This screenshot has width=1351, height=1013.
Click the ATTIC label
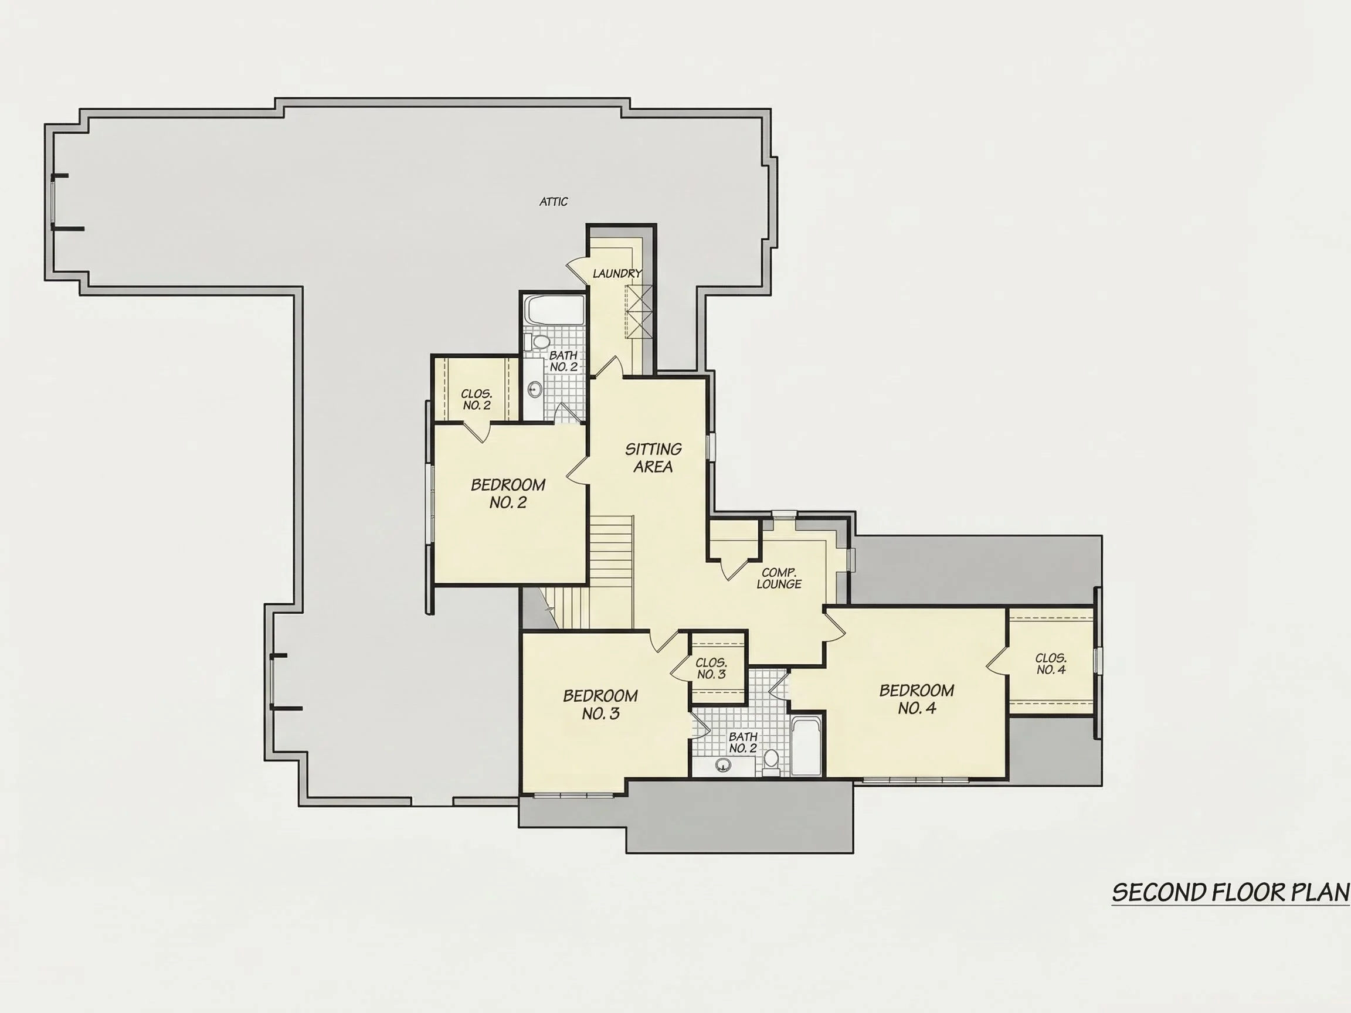(554, 202)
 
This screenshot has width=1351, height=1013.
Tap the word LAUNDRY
(617, 274)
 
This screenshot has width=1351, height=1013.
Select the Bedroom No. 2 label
(508, 494)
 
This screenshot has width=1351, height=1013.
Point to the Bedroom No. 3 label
(600, 704)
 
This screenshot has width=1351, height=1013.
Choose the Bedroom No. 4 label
(916, 699)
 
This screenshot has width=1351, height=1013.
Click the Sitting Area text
(653, 458)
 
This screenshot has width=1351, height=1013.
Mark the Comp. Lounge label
(779, 578)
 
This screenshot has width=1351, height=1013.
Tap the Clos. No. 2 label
(476, 400)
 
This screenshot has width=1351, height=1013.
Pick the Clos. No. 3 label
(711, 669)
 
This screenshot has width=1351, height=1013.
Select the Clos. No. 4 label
(1051, 664)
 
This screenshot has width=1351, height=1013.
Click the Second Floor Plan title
(1231, 893)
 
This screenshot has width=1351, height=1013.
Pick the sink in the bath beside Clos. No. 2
(534, 389)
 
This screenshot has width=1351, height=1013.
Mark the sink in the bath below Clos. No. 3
(723, 764)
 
